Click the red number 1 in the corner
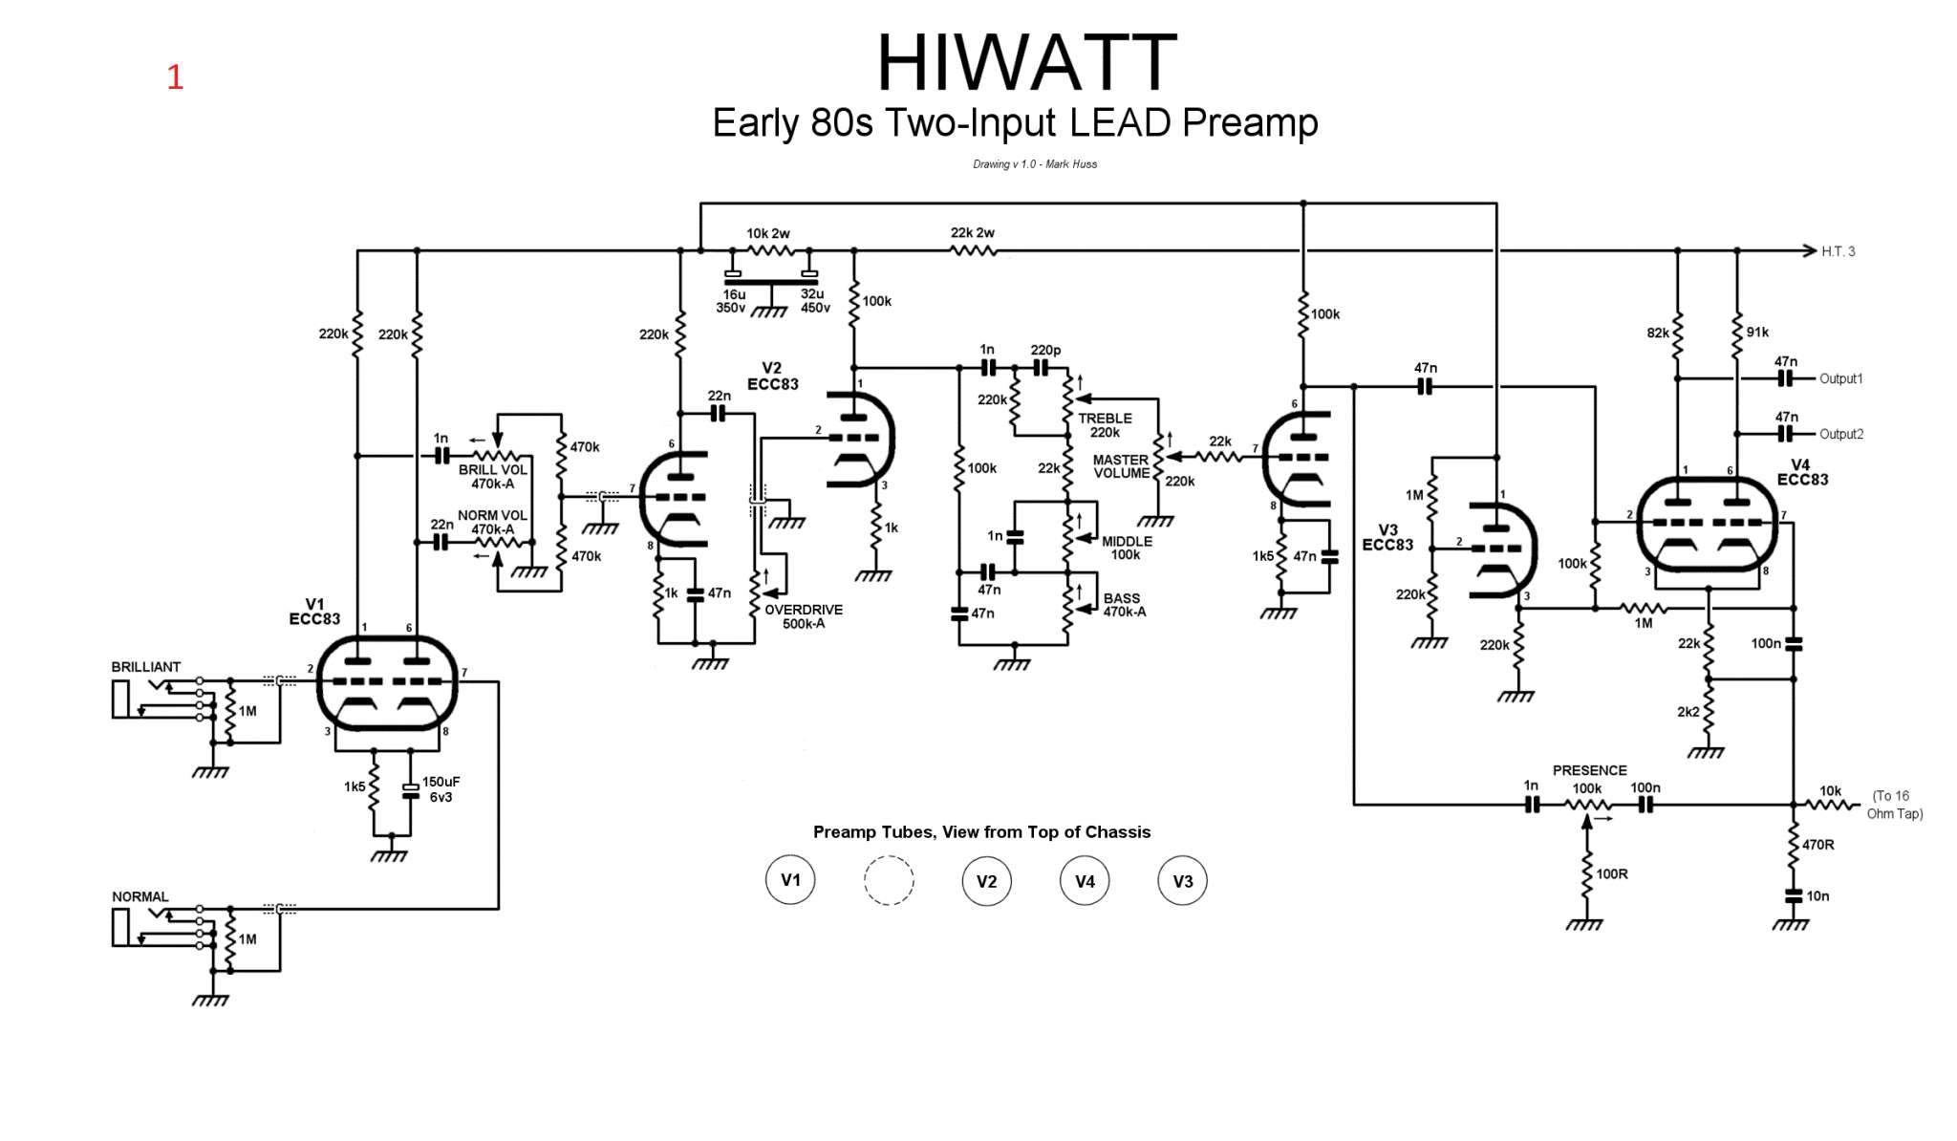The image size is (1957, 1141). [175, 77]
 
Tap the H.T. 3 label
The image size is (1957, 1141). [1838, 251]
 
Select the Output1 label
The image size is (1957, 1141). [1840, 378]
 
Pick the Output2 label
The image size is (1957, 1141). [1840, 434]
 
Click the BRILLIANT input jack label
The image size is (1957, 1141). [145, 667]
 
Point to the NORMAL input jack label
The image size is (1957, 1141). [140, 896]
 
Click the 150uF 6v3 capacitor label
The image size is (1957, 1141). [441, 789]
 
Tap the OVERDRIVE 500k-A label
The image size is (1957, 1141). [803, 616]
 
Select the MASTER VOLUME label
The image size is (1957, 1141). [1121, 466]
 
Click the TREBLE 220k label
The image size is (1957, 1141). [1105, 425]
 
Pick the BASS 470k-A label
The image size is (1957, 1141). [1124, 605]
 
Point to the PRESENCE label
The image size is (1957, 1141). [1589, 770]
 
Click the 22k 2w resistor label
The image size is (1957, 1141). [972, 233]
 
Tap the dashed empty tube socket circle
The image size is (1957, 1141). [889, 880]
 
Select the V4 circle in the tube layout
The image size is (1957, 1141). [1085, 880]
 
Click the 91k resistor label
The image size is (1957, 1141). [1756, 333]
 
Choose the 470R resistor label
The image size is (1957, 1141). [1817, 845]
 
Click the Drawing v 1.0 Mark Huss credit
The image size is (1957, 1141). [1034, 164]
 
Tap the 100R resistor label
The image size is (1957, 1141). [1611, 873]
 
